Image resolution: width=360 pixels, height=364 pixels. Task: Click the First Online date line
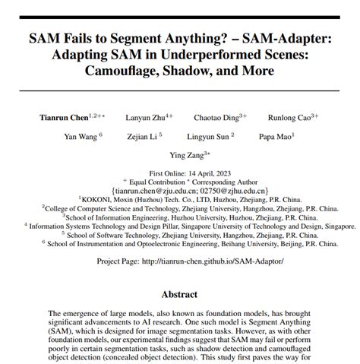coord(180,173)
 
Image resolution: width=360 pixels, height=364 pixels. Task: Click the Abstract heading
coord(180,293)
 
